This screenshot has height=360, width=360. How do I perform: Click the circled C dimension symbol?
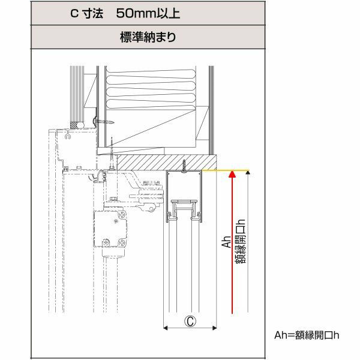(189, 321)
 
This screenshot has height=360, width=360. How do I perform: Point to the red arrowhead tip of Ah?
(231, 175)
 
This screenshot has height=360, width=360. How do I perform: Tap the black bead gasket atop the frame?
(75, 124)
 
